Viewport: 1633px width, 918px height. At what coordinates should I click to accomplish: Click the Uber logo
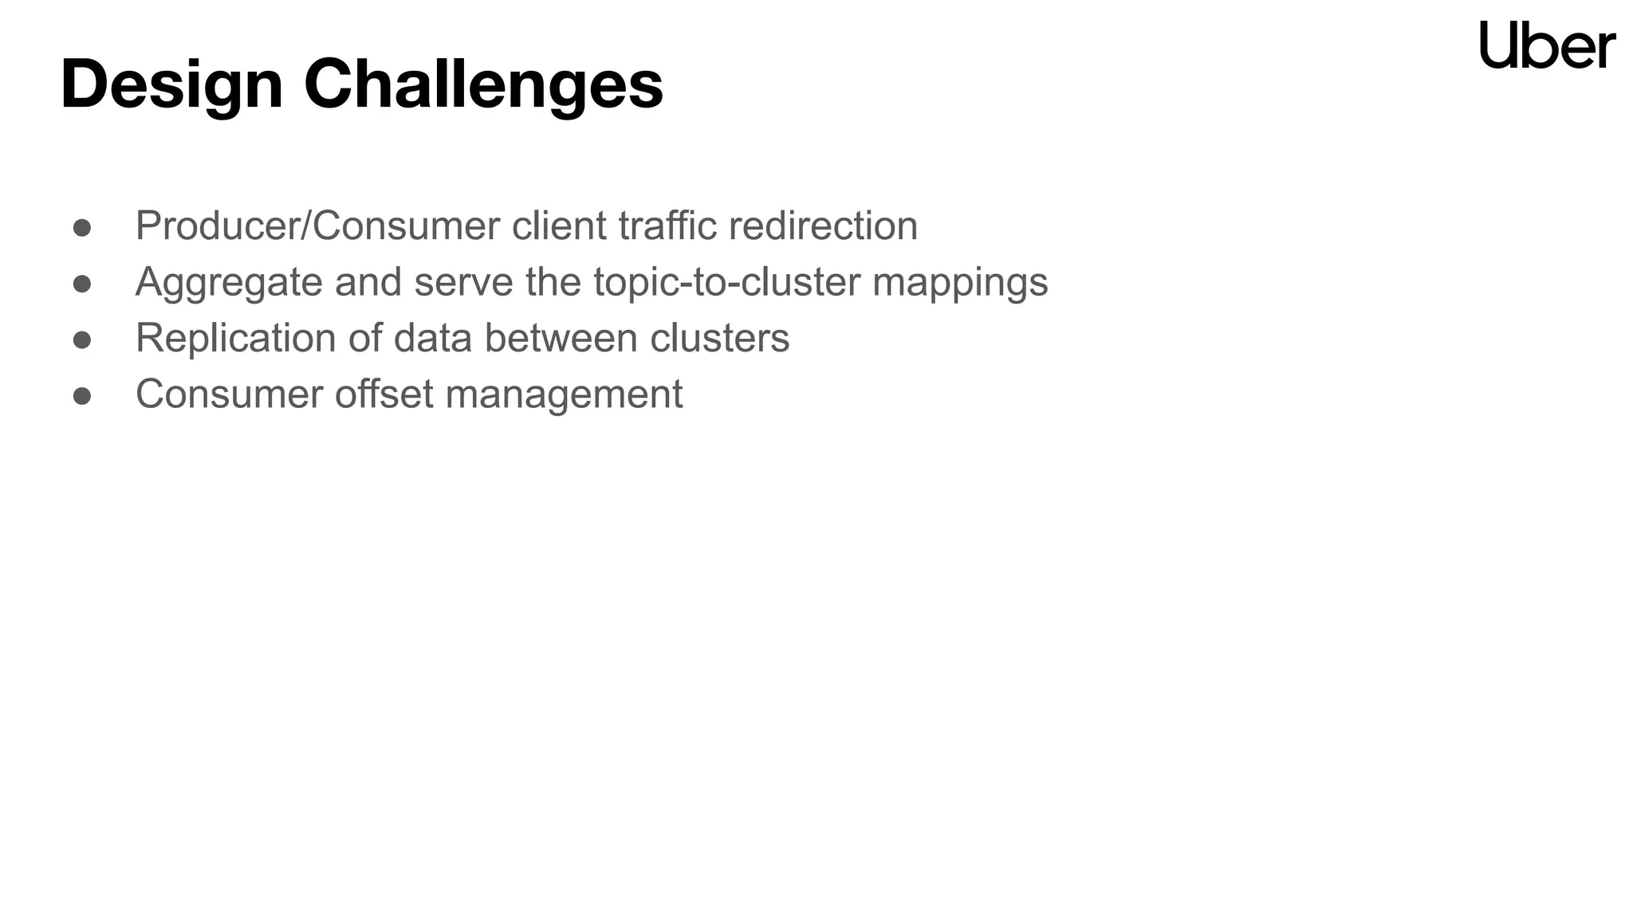coord(1547,45)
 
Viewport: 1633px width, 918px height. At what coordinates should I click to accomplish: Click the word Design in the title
coord(171,84)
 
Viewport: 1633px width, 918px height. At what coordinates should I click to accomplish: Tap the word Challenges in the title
coord(483,84)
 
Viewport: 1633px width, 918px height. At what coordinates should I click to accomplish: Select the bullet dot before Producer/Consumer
coord(82,228)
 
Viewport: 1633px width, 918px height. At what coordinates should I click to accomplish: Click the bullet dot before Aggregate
coord(82,284)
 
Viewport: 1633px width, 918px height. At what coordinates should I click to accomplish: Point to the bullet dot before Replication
coord(82,340)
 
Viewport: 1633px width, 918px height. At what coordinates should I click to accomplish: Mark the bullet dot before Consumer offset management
coord(82,396)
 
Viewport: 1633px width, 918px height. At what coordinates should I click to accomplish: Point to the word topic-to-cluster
coord(726,283)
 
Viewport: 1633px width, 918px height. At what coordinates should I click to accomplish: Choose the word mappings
coord(960,283)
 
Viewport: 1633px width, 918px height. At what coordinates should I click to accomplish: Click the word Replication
coord(236,339)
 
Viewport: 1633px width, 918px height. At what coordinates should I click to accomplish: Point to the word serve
coord(463,283)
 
